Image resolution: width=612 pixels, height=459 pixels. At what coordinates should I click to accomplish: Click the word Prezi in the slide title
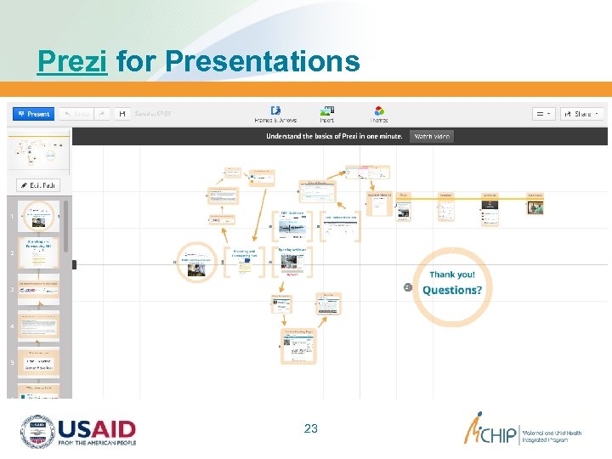coord(72,61)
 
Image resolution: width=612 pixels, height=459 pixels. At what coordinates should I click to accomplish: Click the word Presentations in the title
coord(263,61)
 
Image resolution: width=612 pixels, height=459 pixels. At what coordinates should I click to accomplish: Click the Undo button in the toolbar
coord(76,114)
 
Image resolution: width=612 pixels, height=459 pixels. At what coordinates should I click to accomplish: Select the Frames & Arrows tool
coord(275,114)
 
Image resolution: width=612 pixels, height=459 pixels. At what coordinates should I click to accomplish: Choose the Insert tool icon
coord(326,114)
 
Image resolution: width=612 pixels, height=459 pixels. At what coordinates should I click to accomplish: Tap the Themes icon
coord(379,114)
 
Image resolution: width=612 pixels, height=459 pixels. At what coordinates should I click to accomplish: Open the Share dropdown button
coord(586,114)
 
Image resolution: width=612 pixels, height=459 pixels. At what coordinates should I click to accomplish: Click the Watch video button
coord(431,136)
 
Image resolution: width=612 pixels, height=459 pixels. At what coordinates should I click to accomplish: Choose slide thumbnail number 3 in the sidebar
coord(39,290)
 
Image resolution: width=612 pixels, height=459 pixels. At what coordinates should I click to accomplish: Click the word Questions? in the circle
coord(452,290)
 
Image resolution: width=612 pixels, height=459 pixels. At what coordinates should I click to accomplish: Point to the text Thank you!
coord(452,275)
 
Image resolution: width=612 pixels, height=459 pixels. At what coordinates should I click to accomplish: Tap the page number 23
coord(310,428)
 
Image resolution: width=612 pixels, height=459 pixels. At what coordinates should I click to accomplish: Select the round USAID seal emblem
coord(37,432)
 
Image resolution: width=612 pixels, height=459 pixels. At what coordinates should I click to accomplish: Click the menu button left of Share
coord(543,114)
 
